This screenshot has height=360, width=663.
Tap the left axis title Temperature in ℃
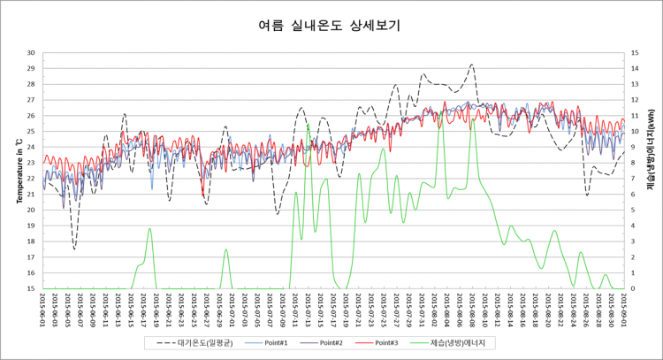(18, 169)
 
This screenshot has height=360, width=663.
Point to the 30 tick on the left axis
(32, 52)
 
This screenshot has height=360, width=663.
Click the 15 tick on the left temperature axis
(32, 288)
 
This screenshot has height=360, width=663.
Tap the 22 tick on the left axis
(32, 178)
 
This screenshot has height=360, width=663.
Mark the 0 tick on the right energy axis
(632, 288)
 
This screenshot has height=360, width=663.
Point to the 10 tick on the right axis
(634, 131)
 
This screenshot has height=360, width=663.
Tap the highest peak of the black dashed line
(472, 65)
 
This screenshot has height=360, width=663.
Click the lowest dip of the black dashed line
(74, 249)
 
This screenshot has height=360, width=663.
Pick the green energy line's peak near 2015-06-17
(150, 229)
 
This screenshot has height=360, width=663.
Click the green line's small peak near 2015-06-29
(226, 249)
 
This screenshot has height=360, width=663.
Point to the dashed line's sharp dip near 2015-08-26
(587, 195)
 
